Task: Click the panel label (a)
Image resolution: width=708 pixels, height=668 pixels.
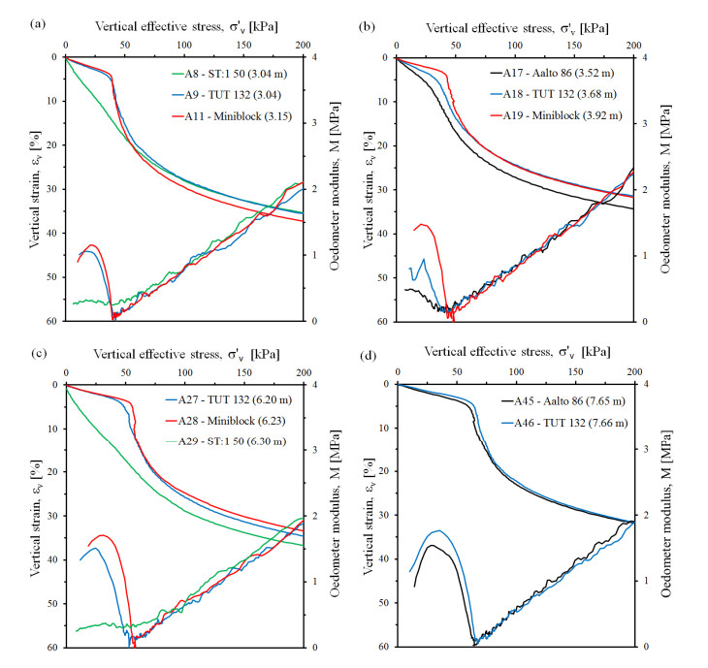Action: pos(14,12)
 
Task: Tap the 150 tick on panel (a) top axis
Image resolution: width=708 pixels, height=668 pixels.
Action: pos(243,45)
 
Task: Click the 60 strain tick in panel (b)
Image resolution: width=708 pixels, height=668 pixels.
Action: pos(381,321)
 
